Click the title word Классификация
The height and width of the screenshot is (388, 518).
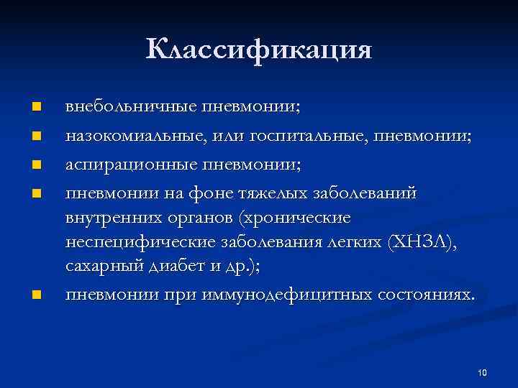(x=259, y=50)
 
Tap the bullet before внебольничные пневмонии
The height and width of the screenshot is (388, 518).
(x=35, y=108)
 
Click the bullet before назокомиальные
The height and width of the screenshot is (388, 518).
(x=35, y=135)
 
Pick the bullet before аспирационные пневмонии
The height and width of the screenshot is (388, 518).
(x=35, y=164)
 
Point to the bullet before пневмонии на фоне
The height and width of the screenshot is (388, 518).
(x=35, y=193)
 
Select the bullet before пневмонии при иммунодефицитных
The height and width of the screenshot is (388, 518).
(x=35, y=295)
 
